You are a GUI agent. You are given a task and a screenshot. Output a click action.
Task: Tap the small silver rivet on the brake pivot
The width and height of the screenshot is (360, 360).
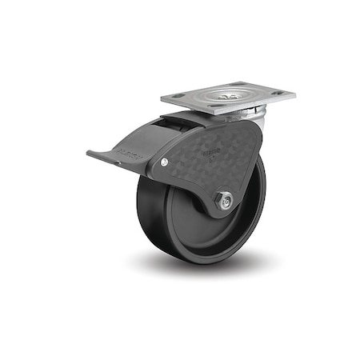click(164, 162)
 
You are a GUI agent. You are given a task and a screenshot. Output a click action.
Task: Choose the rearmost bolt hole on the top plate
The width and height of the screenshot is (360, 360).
click(241, 84)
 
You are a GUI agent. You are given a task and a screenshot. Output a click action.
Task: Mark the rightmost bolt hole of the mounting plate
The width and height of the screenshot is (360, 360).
click(278, 94)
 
